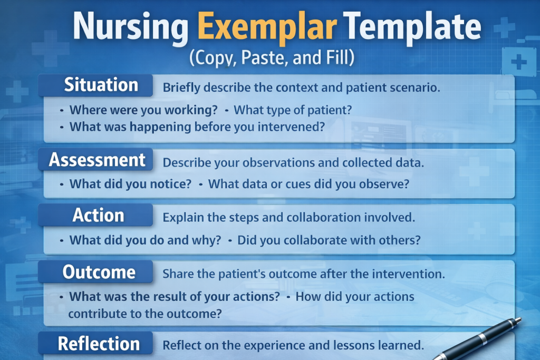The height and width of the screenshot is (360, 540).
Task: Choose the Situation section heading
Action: [x=101, y=85]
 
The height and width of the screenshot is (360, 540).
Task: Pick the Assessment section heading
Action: [x=98, y=160]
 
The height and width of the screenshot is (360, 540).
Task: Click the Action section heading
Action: [x=99, y=215]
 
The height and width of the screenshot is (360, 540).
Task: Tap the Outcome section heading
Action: [x=99, y=273]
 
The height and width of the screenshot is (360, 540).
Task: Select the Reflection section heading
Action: [x=99, y=344]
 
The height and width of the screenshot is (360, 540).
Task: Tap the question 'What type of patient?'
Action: [x=293, y=111]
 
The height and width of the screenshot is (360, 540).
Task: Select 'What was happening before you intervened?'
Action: [x=197, y=127]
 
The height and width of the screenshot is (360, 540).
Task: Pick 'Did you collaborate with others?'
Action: [x=329, y=240]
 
